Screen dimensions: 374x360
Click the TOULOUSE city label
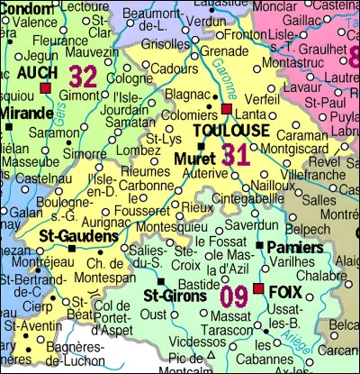tap(231, 131)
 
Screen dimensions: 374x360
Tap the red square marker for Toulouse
tap(226, 108)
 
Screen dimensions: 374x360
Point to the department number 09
tap(234, 294)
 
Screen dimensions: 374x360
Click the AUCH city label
tap(34, 72)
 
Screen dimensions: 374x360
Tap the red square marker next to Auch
tap(45, 88)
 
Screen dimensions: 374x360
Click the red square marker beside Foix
tap(258, 289)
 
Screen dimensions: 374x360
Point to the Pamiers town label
tap(287, 246)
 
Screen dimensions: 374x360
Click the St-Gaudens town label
tap(77, 235)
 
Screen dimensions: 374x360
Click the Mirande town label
tap(26, 113)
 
